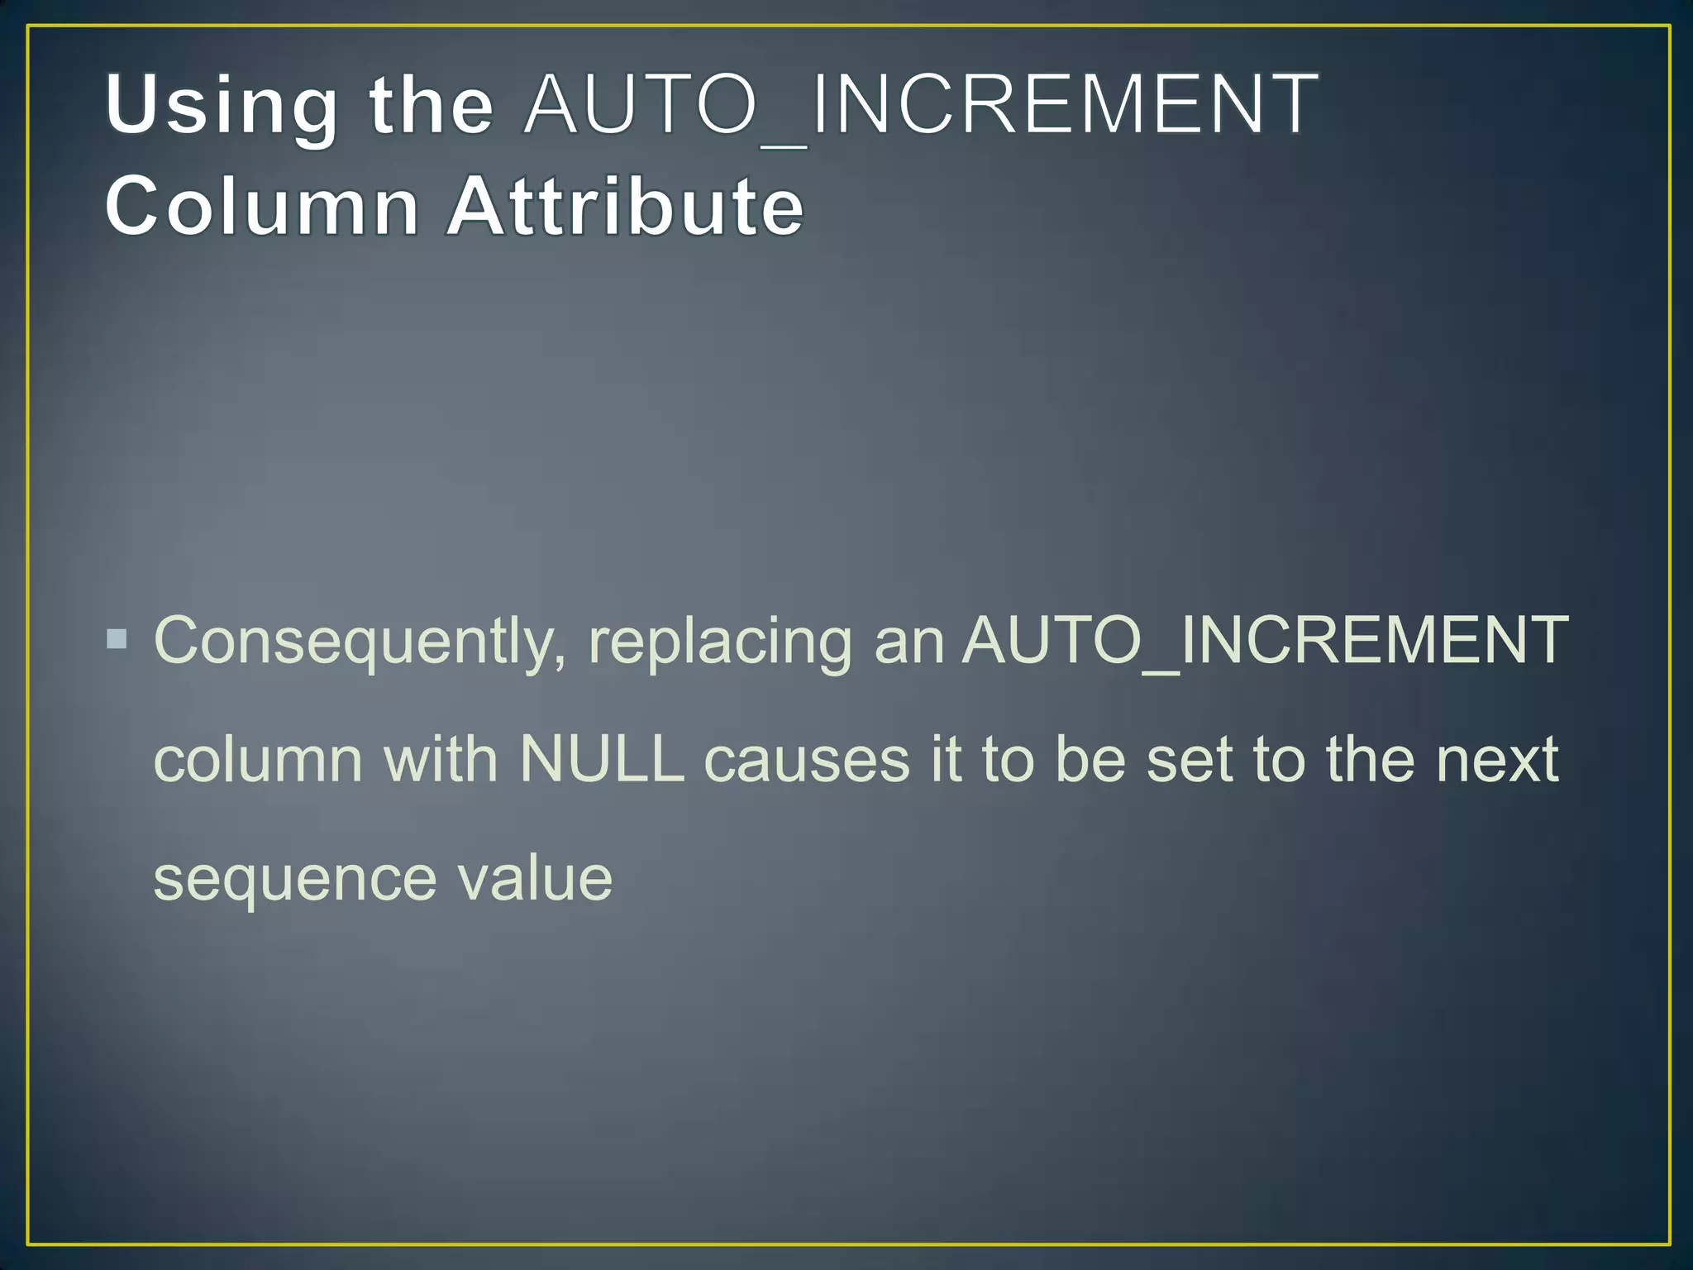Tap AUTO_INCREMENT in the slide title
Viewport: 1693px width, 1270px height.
pyautogui.click(x=921, y=105)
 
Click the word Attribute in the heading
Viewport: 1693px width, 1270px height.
pyautogui.click(x=625, y=206)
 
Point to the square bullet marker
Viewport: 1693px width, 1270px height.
pyautogui.click(x=117, y=639)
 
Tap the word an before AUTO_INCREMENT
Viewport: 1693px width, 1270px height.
pyautogui.click(x=909, y=642)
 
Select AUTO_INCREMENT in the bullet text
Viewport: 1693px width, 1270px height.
pyautogui.click(x=1265, y=640)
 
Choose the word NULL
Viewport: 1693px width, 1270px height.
pyautogui.click(x=602, y=759)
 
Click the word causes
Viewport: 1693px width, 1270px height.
pyautogui.click(x=807, y=759)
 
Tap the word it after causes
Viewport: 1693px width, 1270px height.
pyautogui.click(x=945, y=759)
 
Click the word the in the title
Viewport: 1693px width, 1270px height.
pyautogui.click(x=431, y=105)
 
